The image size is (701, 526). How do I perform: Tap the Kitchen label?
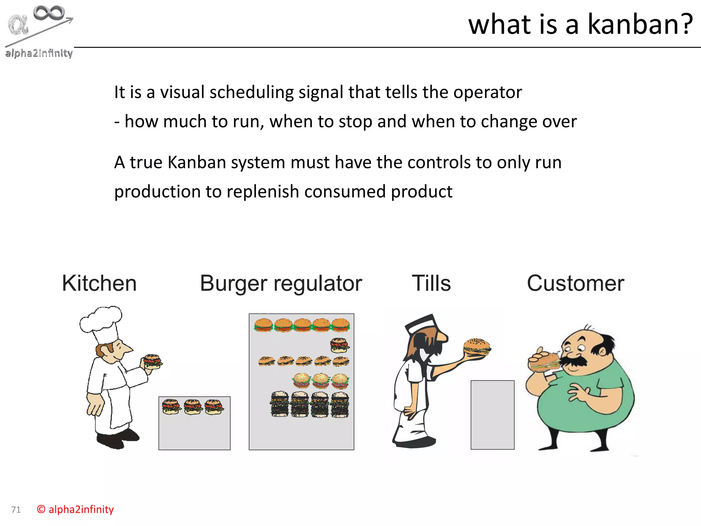click(x=99, y=283)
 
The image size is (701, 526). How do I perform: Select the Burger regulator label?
click(x=281, y=283)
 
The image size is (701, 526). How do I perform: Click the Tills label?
click(x=431, y=283)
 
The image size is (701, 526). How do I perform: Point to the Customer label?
click(x=575, y=283)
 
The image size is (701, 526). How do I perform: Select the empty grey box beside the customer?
click(x=492, y=414)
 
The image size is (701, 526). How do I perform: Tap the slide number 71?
click(x=16, y=510)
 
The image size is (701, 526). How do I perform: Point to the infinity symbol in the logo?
click(x=49, y=13)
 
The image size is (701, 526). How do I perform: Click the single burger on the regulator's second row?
click(x=339, y=345)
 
